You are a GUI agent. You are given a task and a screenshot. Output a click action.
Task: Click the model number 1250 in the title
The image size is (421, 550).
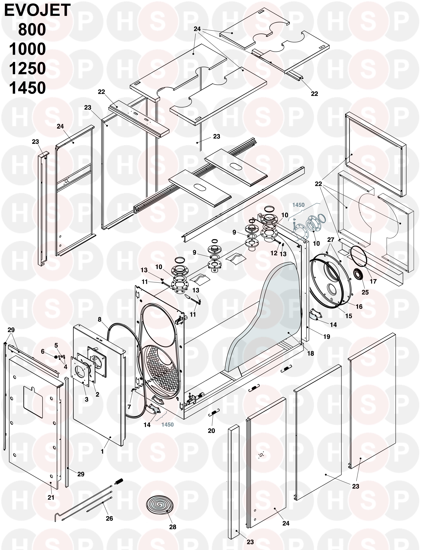pos(28,68)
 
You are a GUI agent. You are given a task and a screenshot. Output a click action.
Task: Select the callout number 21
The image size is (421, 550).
pos(51,497)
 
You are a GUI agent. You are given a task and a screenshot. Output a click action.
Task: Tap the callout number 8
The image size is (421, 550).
pos(100,319)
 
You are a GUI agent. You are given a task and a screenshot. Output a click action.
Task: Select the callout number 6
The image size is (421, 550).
pos(43,351)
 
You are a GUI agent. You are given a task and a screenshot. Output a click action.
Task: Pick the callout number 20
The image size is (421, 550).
pos(211,431)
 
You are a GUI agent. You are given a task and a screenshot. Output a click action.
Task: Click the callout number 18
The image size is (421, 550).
pos(310,353)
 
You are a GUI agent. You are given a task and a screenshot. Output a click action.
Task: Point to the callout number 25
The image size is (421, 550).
pos(365,292)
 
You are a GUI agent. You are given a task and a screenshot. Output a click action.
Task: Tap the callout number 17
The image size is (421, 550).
pos(373,281)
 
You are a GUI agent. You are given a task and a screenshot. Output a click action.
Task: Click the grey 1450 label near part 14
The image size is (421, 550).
pos(167,425)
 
